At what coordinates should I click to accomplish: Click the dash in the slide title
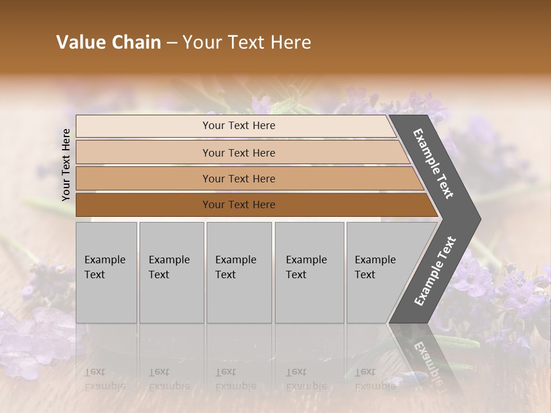[172, 43]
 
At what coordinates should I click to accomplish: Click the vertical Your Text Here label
[66, 165]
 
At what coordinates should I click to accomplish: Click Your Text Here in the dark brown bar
[239, 205]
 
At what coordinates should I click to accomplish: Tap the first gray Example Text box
[106, 272]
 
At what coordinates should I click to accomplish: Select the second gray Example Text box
[172, 272]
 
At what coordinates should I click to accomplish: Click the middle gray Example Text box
[239, 272]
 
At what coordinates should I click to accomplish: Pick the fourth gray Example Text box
[309, 272]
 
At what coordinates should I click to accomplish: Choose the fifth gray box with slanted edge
[379, 272]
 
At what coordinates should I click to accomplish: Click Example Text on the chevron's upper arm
[433, 163]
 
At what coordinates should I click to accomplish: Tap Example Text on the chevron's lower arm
[435, 271]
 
